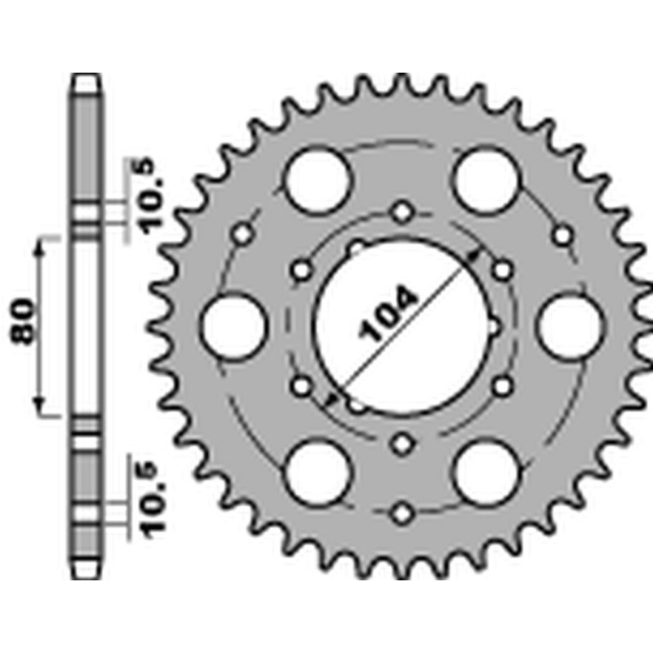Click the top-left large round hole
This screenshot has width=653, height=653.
click(x=318, y=180)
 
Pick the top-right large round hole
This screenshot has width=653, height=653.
click(x=486, y=180)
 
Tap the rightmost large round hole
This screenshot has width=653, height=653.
click(x=571, y=327)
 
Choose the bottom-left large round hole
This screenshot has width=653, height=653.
click(x=318, y=473)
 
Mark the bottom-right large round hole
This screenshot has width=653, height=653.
click(x=486, y=473)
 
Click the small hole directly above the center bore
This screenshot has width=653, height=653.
click(x=402, y=212)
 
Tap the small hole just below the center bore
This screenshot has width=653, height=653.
click(x=402, y=443)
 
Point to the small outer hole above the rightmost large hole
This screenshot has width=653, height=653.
click(x=562, y=235)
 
